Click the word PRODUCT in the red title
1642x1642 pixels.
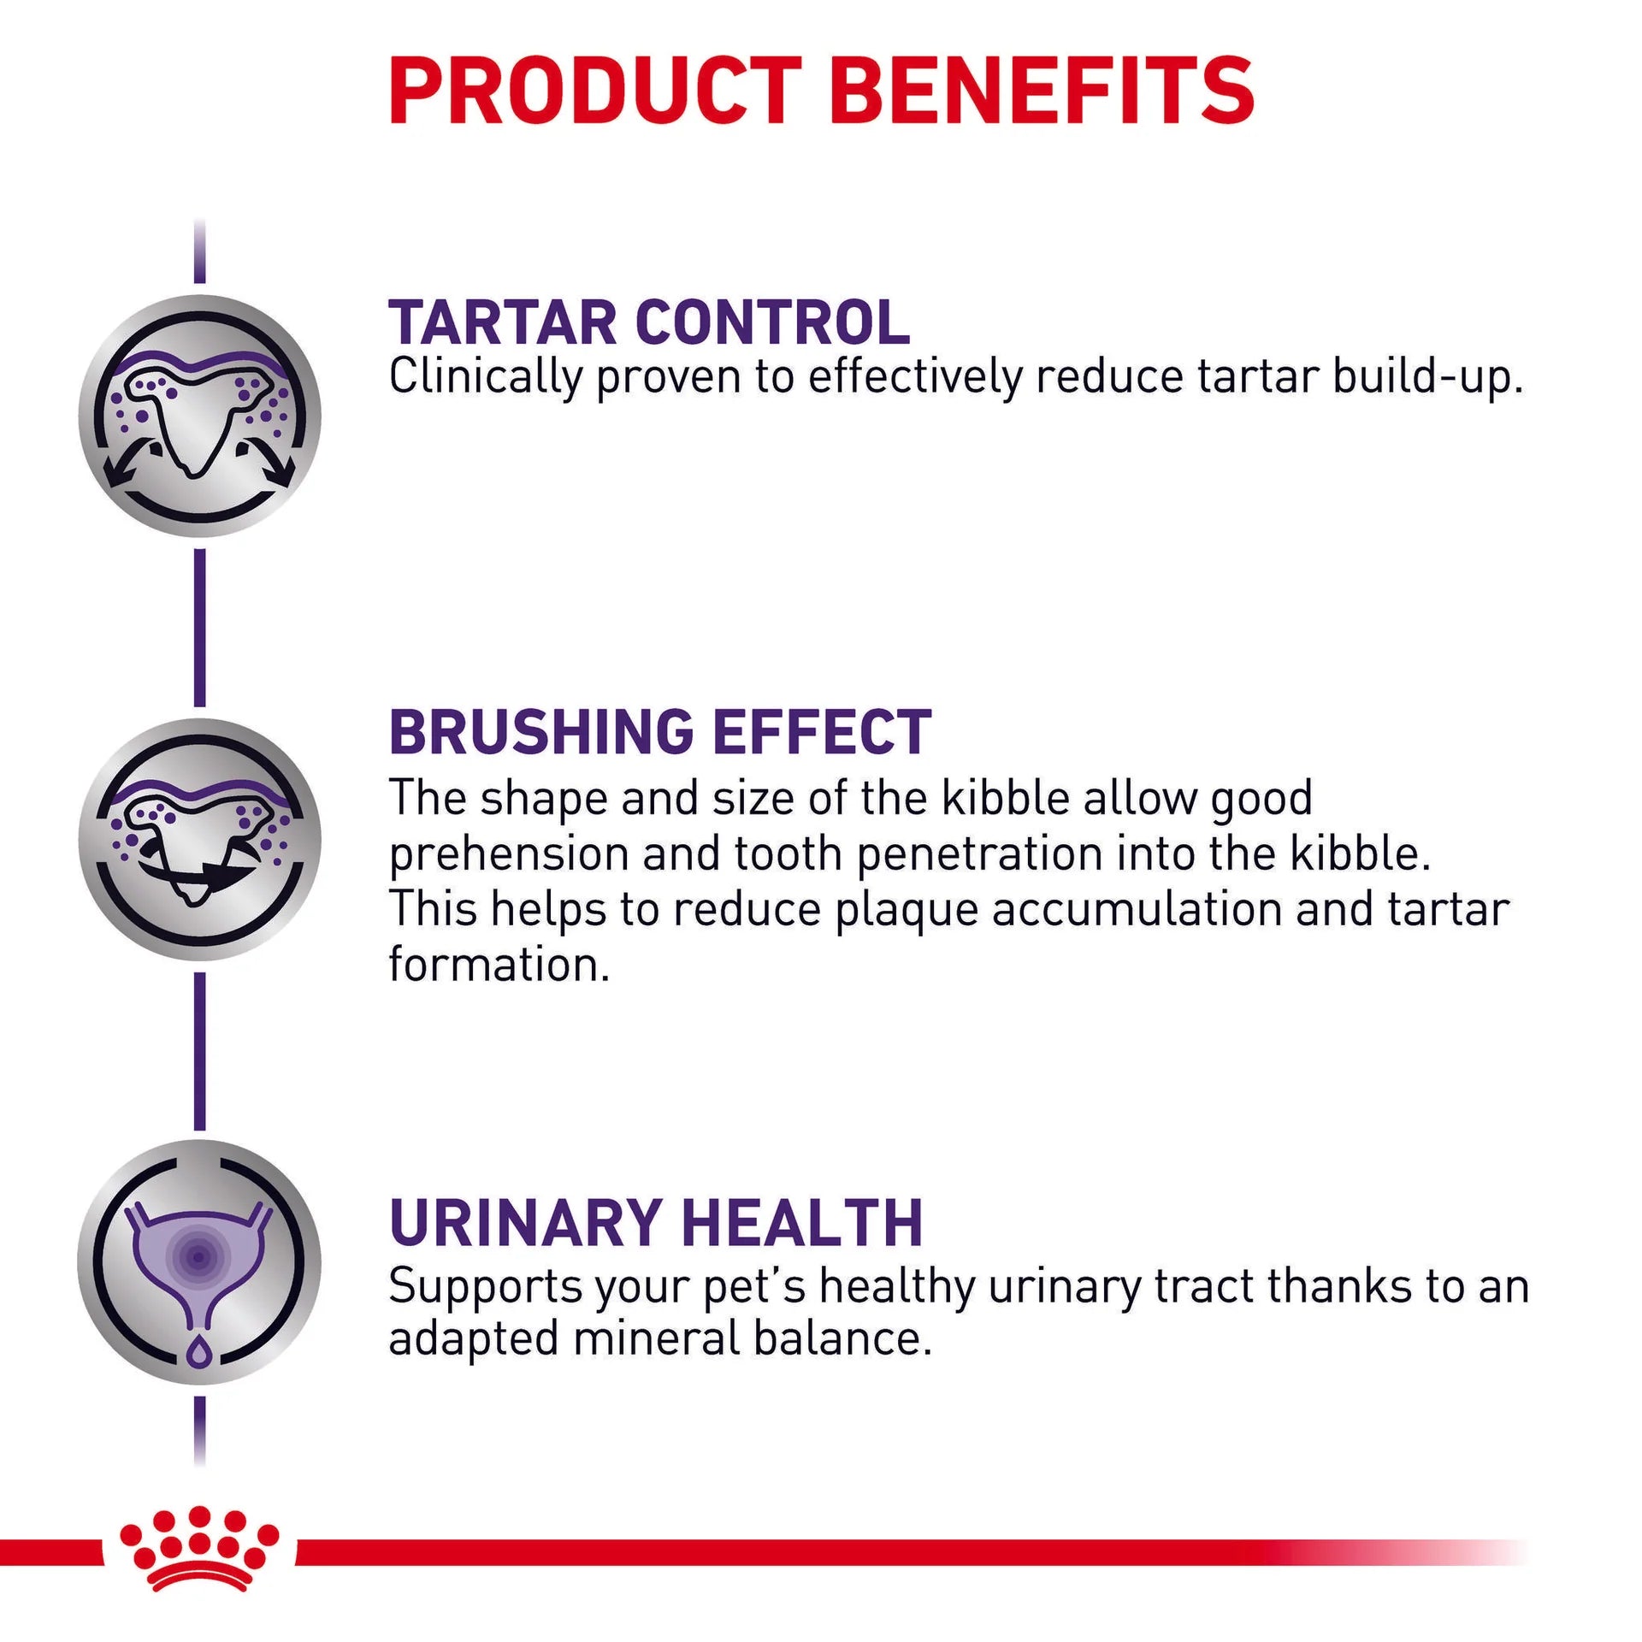[594, 92]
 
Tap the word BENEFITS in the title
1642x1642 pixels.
[1042, 92]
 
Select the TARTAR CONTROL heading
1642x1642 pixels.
[649, 322]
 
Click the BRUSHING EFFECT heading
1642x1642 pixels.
[659, 732]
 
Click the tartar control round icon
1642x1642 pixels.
[199, 416]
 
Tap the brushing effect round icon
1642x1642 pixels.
[199, 839]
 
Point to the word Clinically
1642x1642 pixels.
[485, 376]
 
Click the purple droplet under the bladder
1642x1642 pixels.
[199, 1351]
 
